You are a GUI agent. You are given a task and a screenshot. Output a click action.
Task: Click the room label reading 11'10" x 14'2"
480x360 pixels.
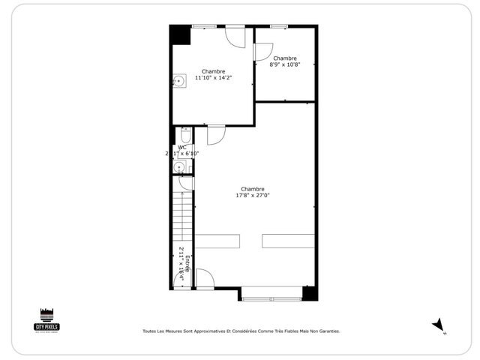(213, 77)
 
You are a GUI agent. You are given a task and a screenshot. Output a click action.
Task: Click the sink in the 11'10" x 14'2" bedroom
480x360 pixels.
(179, 81)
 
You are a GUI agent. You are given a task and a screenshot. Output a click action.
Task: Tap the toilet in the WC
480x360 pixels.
(185, 136)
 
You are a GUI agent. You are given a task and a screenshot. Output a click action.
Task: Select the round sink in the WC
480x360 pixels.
(179, 167)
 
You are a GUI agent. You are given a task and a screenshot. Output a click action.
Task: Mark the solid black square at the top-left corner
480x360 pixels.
(179, 35)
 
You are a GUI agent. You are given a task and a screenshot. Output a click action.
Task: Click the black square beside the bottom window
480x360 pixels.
(308, 293)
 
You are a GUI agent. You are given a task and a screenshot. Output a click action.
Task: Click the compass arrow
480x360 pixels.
(438, 324)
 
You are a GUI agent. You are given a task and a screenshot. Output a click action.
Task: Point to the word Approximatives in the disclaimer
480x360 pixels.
(209, 331)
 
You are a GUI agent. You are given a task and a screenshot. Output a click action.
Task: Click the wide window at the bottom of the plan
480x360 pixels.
(271, 299)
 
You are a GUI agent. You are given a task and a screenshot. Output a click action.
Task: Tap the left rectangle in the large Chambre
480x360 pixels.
(217, 241)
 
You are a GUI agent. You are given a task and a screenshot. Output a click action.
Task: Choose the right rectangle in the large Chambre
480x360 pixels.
(288, 241)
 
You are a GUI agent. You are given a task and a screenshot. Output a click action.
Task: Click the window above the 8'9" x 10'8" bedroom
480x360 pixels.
(278, 27)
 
